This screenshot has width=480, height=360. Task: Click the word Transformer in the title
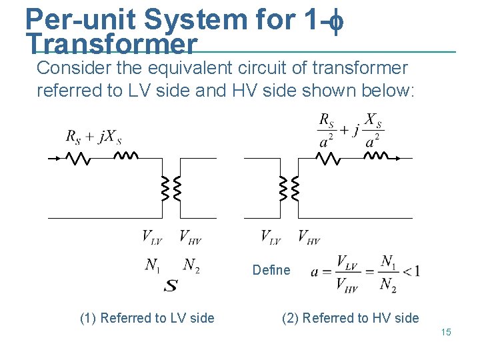point(111,45)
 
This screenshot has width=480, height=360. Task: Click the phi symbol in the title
point(336,20)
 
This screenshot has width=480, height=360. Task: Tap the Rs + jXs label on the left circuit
point(93,137)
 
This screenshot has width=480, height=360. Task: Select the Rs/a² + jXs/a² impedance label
point(351,131)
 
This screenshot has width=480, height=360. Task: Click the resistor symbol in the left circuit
point(78,159)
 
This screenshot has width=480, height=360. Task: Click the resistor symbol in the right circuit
point(327,159)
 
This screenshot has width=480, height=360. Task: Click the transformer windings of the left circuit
point(171,189)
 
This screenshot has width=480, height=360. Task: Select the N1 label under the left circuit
point(153,265)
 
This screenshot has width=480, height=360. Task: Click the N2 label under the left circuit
point(191,265)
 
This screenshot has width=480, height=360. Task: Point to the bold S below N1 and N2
point(171,285)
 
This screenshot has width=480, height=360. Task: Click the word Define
point(271,270)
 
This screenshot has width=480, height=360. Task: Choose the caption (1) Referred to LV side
point(147,318)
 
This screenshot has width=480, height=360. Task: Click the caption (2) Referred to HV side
point(351,318)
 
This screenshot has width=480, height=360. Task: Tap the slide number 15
point(446,332)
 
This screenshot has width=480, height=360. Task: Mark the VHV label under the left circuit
point(191,237)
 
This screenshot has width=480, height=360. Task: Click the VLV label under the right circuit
point(271,237)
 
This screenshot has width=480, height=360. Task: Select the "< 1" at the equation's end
point(412,270)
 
